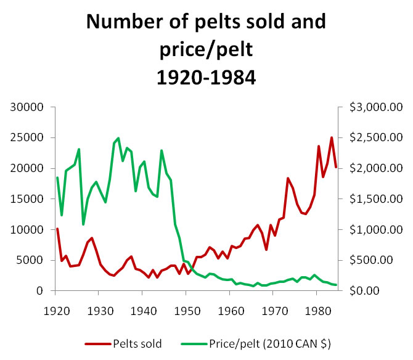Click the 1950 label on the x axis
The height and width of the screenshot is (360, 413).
(x=186, y=306)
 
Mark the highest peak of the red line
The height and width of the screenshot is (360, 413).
(x=332, y=137)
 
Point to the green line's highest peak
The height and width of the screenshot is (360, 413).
(x=118, y=138)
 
